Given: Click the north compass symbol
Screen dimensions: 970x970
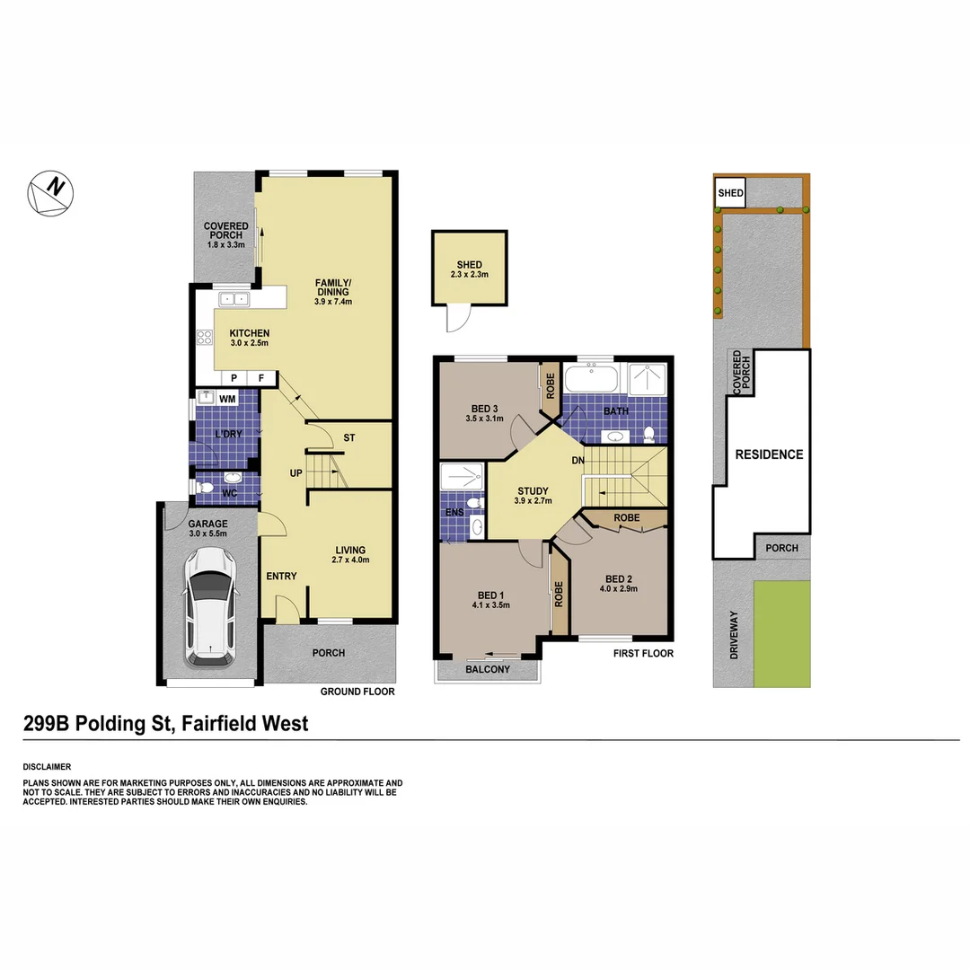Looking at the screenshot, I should click(50, 192).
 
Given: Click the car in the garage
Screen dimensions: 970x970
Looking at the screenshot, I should click(212, 607).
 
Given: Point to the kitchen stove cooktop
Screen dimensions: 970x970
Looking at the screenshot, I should click(204, 339).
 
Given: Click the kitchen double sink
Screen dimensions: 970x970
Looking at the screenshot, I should click(236, 298).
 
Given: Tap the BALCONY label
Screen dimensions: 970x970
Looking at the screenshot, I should click(488, 669).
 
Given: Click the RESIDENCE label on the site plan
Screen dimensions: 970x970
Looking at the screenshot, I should click(769, 454).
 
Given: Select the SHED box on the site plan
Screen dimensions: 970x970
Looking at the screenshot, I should click(730, 192).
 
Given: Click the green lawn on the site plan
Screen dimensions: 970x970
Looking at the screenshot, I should click(781, 633).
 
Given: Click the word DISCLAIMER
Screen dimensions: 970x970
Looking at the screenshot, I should click(47, 767).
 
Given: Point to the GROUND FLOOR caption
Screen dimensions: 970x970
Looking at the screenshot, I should click(357, 692).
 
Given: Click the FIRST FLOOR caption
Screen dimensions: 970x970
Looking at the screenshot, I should click(643, 654).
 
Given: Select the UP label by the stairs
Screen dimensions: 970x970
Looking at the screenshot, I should click(295, 472).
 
